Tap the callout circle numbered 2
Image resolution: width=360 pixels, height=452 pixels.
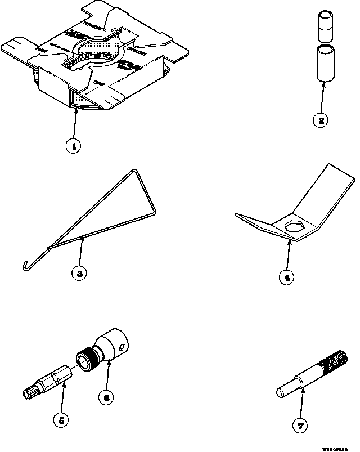(319, 120)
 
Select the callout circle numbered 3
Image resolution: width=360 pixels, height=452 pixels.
(80, 274)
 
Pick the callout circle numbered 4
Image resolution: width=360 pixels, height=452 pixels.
(287, 278)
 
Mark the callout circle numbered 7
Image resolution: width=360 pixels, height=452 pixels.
(301, 426)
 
